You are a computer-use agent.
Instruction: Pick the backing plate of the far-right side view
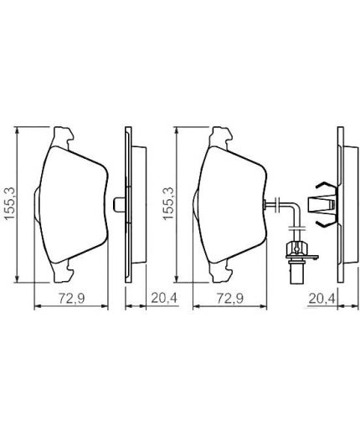[339, 203]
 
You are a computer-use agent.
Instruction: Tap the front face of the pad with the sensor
[228, 203]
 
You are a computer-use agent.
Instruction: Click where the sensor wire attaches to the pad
[266, 203]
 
